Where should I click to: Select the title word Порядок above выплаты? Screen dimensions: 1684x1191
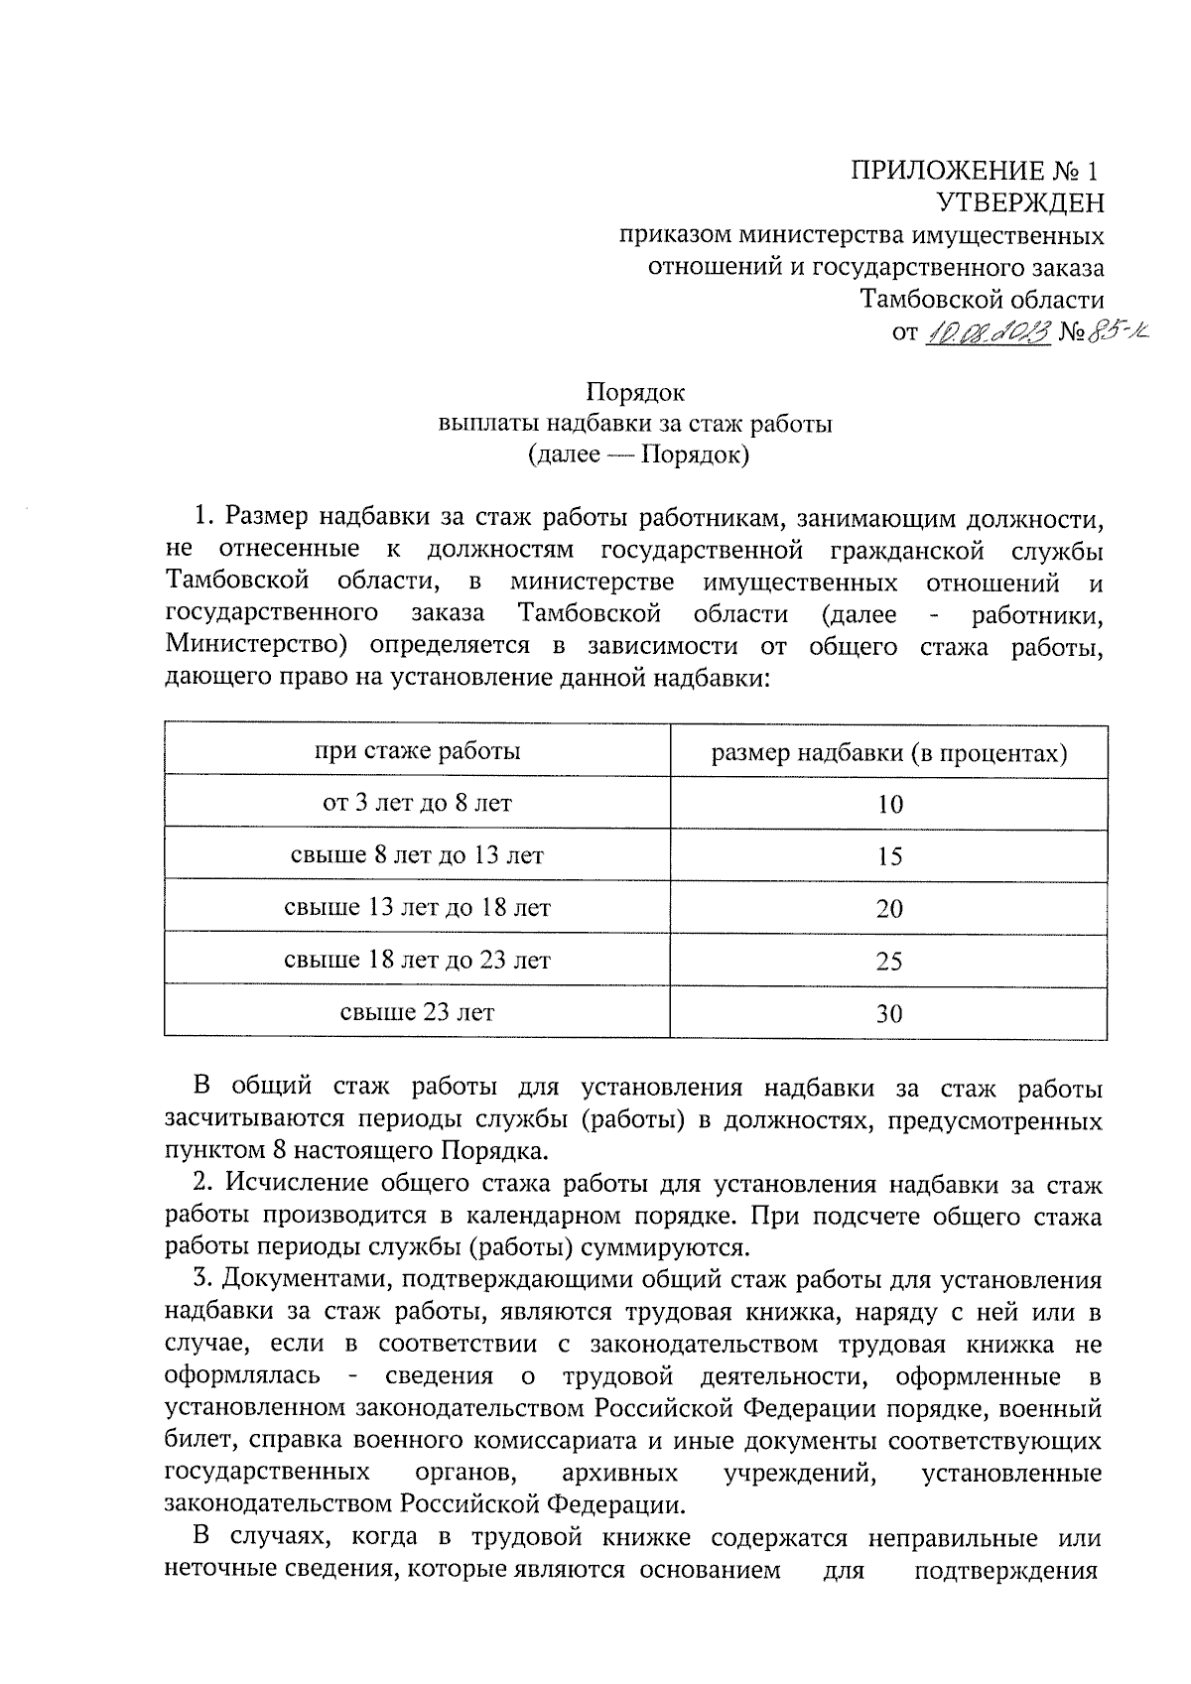[x=635, y=392]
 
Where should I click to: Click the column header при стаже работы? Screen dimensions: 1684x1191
[x=417, y=751]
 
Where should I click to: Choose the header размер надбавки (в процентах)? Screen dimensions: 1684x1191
[x=889, y=753]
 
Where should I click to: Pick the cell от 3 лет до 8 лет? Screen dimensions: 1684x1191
[x=417, y=803]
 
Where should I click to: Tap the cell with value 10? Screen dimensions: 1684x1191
[x=890, y=805]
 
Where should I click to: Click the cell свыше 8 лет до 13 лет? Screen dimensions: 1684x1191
[x=417, y=855]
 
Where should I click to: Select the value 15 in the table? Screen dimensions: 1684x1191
[x=890, y=856]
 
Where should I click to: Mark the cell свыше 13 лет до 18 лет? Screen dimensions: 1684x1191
[x=417, y=908]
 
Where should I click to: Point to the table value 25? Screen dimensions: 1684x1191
[x=890, y=962]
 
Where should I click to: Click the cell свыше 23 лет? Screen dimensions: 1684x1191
[x=417, y=1013]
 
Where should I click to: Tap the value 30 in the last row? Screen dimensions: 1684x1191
[x=890, y=1014]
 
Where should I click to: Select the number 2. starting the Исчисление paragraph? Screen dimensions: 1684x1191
[x=203, y=1183]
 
